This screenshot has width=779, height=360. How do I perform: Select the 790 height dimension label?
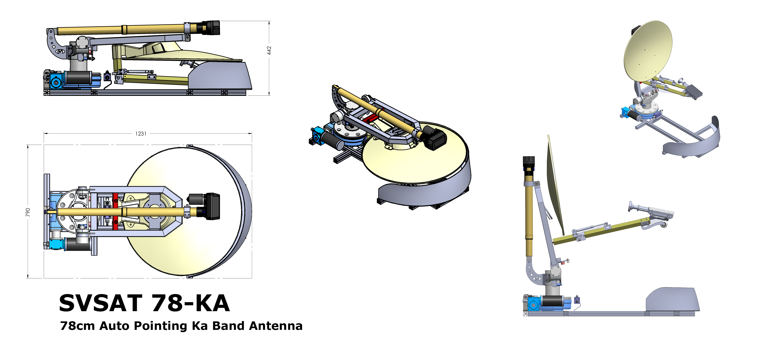pos(28,212)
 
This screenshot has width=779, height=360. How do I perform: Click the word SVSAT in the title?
pos(101,303)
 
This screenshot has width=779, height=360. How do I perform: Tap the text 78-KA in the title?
pos(191,303)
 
